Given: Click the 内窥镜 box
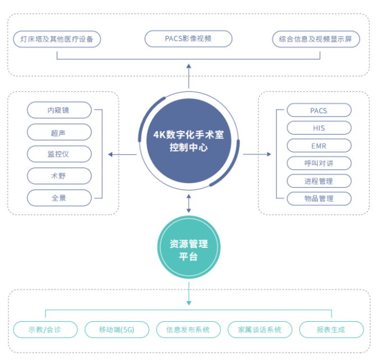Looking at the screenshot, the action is (x=59, y=110).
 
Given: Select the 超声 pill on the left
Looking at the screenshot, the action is (x=59, y=132).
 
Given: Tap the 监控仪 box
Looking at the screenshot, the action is (x=59, y=154).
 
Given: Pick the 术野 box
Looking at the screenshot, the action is (x=59, y=176).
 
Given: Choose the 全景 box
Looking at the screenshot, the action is (x=59, y=198).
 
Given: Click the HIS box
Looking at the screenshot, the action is (x=319, y=128).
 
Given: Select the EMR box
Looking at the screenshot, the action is (x=319, y=146).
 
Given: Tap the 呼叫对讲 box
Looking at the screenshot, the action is (x=319, y=163).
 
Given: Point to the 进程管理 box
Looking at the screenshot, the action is (x=319, y=181).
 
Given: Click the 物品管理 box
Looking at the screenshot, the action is (x=319, y=199).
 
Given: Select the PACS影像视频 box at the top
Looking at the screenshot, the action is (x=188, y=39).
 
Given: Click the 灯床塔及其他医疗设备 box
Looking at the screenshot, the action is (x=57, y=39).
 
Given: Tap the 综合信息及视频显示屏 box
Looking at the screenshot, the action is (x=316, y=39).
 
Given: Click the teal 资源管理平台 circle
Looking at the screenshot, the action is (x=189, y=247).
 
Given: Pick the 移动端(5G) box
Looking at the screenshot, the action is (x=117, y=330).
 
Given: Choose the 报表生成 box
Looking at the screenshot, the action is (x=331, y=330).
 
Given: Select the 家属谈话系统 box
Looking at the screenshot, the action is (x=260, y=330).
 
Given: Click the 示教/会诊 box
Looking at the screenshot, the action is (x=45, y=330).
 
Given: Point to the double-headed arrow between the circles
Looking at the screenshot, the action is (x=189, y=204).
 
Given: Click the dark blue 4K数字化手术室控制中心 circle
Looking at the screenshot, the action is (x=189, y=141).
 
